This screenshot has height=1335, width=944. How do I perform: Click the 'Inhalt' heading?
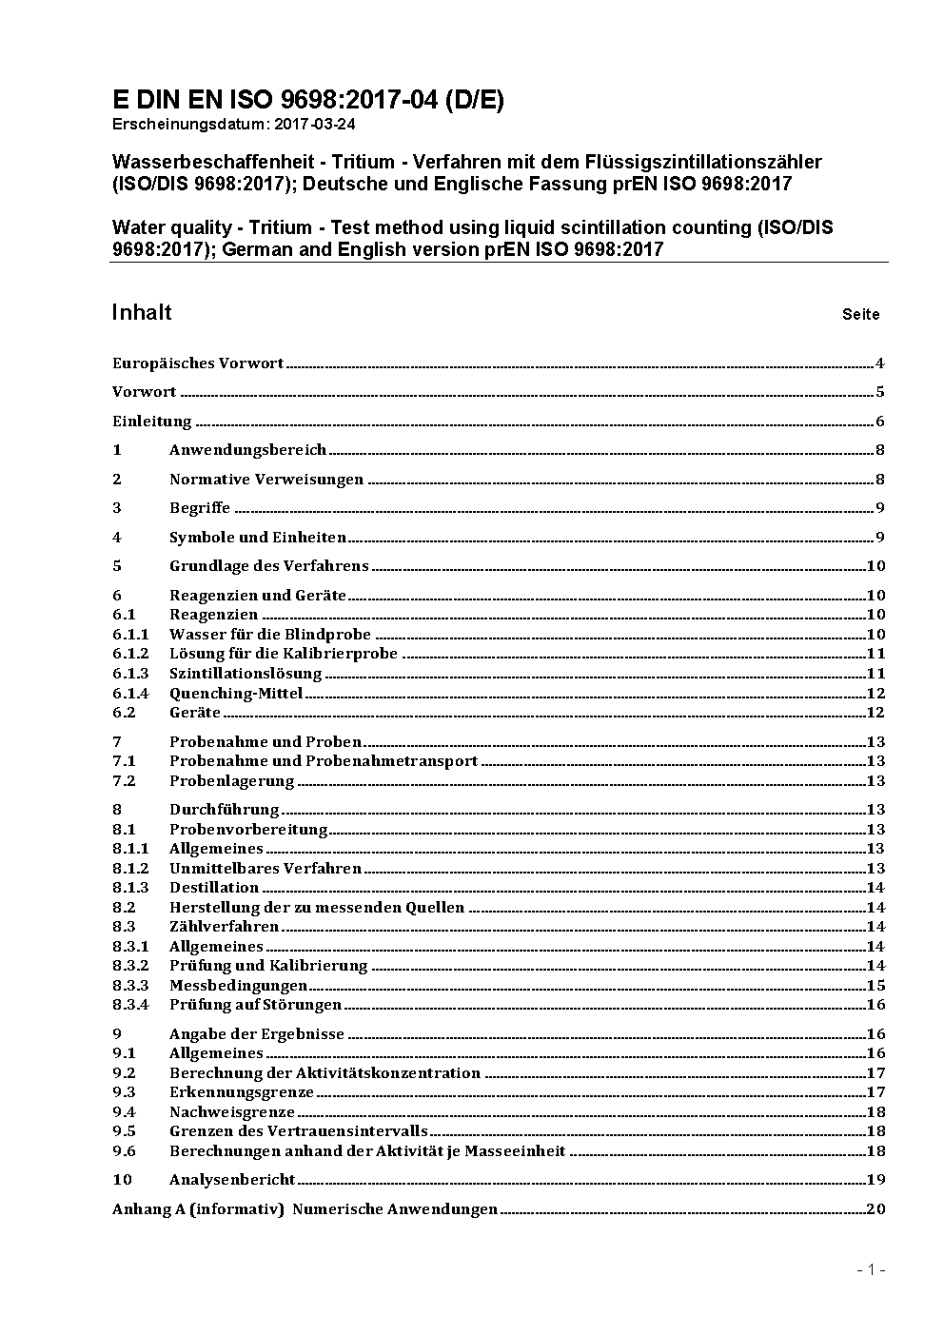pyautogui.click(x=142, y=312)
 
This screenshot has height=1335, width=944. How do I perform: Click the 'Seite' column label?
pyautogui.click(x=860, y=314)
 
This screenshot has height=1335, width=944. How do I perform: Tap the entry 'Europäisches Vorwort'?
pyautogui.click(x=198, y=363)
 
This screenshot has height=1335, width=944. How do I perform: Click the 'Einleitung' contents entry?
pyautogui.click(x=151, y=421)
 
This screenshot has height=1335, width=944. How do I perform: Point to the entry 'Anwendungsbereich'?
pyautogui.click(x=247, y=449)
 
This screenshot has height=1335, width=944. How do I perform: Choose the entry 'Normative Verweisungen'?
pyautogui.click(x=266, y=479)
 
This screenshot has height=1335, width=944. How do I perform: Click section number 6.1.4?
pyautogui.click(x=130, y=693)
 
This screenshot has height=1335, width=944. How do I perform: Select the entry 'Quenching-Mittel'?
pyautogui.click(x=236, y=693)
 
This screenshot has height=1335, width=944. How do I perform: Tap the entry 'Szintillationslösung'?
pyautogui.click(x=246, y=673)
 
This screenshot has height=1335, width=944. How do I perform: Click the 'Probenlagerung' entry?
pyautogui.click(x=231, y=780)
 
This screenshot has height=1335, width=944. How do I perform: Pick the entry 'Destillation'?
pyautogui.click(x=214, y=887)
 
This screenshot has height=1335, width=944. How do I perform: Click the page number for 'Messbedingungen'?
pyautogui.click(x=875, y=985)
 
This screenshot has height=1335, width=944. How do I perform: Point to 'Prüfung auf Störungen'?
pyautogui.click(x=255, y=1004)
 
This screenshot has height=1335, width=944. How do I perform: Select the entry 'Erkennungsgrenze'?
pyautogui.click(x=241, y=1091)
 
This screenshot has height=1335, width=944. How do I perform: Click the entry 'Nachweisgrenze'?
pyautogui.click(x=232, y=1111)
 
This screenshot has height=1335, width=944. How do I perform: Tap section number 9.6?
pyautogui.click(x=124, y=1150)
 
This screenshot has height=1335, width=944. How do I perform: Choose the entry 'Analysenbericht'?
pyautogui.click(x=232, y=1179)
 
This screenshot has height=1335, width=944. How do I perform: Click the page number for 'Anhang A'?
pyautogui.click(x=875, y=1208)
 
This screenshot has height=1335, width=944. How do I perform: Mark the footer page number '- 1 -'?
pyautogui.click(x=871, y=1269)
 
